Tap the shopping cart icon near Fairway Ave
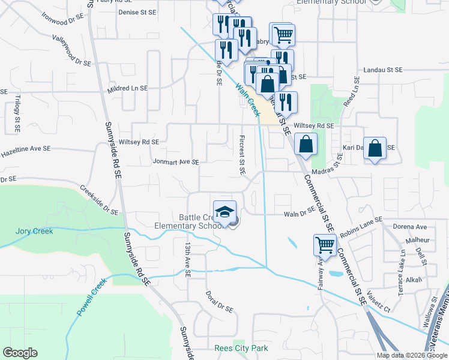click(325, 244)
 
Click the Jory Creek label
click(34, 231)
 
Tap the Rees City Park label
click(241, 348)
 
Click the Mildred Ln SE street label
click(127, 88)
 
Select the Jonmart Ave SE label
click(175, 161)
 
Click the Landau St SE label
click(382, 70)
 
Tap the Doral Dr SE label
click(218, 302)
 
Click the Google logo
click(20, 353)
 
